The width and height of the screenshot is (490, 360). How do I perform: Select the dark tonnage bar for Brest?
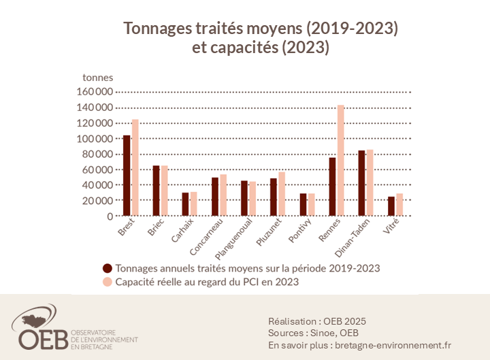tap(127, 176)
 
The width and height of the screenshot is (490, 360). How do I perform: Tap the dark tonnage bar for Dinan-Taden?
tap(361, 183)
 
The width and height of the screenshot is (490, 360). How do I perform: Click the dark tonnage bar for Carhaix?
tap(185, 204)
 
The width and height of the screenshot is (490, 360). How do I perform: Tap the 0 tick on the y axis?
tap(110, 216)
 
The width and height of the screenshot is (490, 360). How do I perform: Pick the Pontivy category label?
tap(305, 229)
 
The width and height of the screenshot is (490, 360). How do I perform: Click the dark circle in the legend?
tap(108, 268)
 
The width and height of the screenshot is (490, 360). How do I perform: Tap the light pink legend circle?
tap(108, 281)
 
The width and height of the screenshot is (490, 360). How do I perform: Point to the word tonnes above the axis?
tap(97, 77)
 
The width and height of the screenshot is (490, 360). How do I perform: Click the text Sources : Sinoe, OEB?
tap(314, 332)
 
